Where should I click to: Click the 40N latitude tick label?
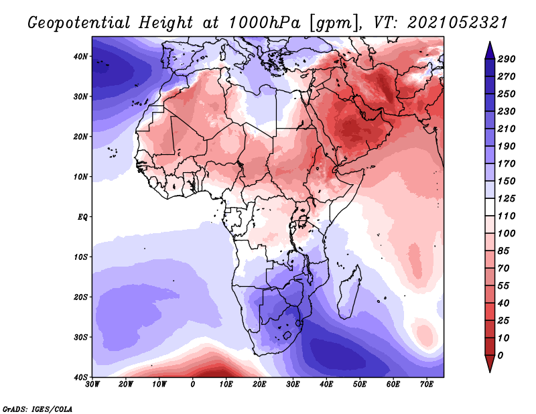[80, 56]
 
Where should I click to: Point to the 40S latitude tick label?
[80, 376]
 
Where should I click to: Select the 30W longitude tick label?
[92, 385]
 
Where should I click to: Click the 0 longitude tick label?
[193, 385]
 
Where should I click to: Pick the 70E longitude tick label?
[426, 385]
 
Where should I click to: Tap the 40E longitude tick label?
[326, 385]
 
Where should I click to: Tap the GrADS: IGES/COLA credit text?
[38, 408]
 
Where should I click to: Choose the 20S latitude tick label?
[80, 297]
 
